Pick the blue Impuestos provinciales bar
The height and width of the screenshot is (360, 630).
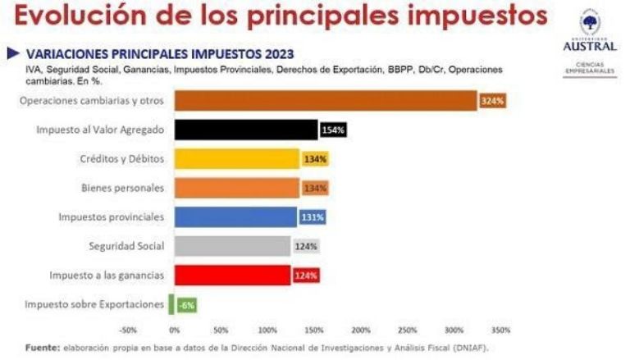(x=235, y=217)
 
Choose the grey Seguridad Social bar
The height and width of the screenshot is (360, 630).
(x=232, y=246)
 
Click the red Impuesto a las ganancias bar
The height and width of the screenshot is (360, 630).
(x=232, y=275)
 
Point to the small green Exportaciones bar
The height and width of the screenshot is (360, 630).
(x=171, y=304)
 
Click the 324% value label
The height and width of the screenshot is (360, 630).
(x=493, y=101)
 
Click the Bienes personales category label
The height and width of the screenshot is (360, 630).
(x=122, y=188)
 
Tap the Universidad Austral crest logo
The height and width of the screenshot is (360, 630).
(x=589, y=21)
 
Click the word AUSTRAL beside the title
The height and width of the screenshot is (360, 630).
(x=589, y=46)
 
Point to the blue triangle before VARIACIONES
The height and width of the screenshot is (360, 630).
(x=13, y=53)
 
